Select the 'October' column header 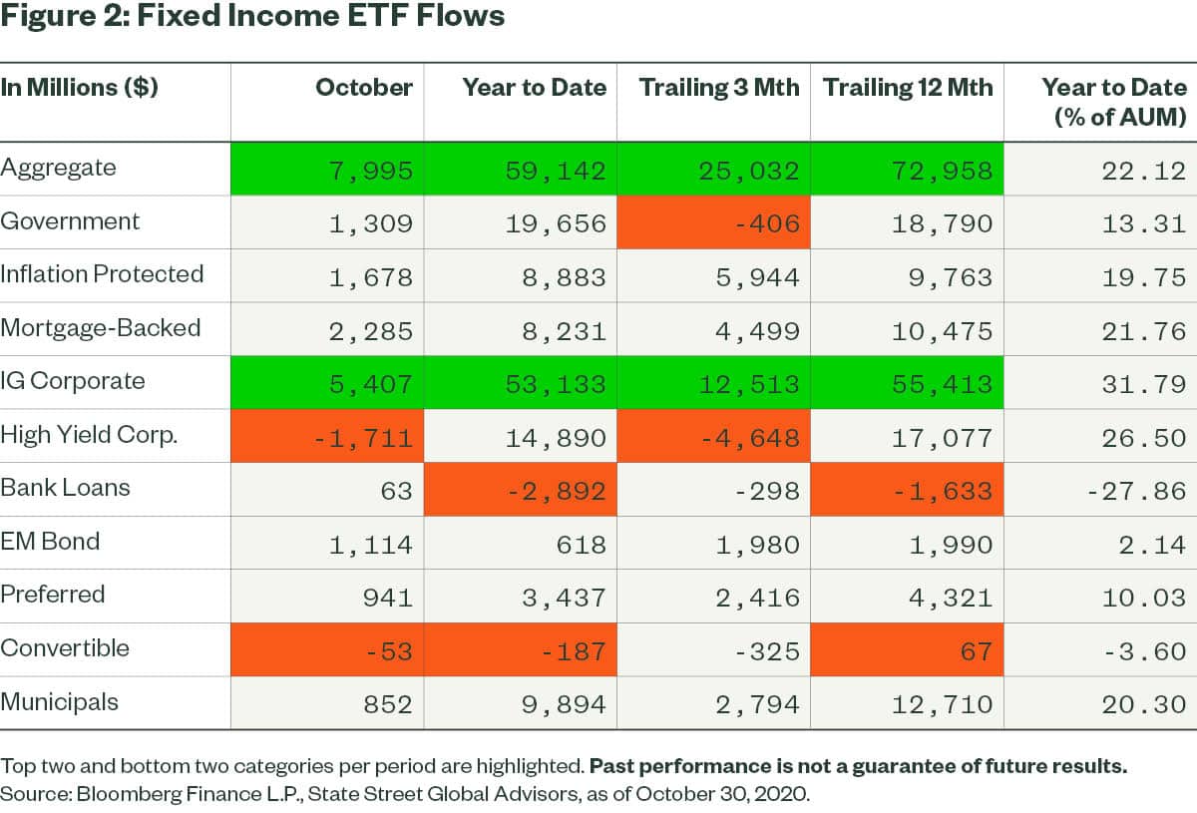[x=363, y=88]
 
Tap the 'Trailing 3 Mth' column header [x=719, y=88]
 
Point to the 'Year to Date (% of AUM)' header [x=1113, y=102]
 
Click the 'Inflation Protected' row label [x=102, y=274]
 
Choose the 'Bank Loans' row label [x=66, y=488]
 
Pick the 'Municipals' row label [x=60, y=702]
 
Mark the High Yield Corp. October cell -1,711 [x=366, y=438]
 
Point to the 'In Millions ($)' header [x=79, y=88]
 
